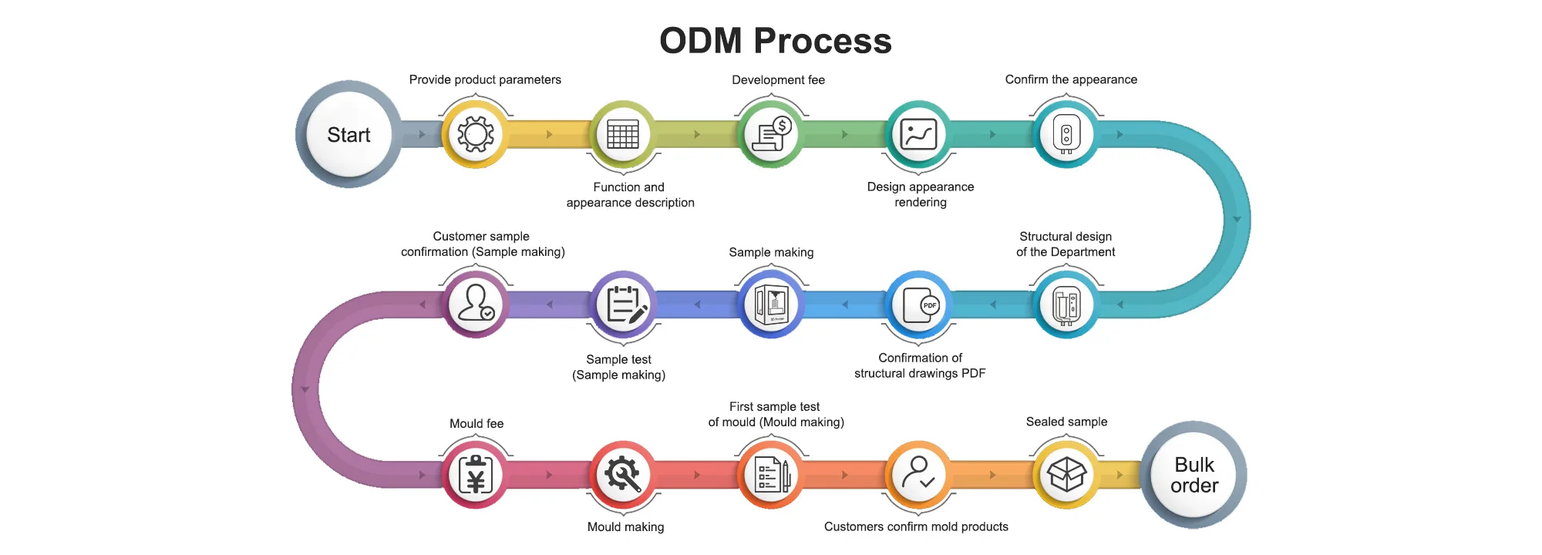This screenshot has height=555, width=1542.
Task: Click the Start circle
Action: [348, 135]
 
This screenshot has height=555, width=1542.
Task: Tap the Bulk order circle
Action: [1194, 475]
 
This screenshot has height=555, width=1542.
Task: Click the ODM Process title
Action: [775, 41]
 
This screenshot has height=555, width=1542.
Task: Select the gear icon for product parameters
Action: [476, 134]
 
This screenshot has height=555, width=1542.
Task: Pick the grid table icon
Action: [623, 134]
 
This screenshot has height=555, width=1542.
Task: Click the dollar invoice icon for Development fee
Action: [771, 134]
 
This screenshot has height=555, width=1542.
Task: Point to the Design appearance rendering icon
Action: [919, 134]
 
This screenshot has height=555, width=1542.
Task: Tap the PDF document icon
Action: [919, 305]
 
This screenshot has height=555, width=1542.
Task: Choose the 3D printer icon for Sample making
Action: [771, 305]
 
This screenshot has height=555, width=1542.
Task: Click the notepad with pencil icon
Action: [624, 305]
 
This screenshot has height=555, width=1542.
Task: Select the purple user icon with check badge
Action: [476, 304]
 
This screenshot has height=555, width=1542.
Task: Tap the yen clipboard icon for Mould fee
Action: [476, 475]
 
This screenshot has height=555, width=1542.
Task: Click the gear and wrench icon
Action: [623, 475]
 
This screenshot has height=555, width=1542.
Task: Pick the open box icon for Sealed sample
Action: [1066, 475]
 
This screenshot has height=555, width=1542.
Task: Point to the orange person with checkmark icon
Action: [919, 475]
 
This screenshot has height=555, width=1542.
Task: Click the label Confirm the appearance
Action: [1071, 79]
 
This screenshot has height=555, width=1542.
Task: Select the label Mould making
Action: [625, 527]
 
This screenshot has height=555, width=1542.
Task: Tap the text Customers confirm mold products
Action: [916, 527]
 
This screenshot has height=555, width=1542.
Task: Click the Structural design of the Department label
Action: [1066, 244]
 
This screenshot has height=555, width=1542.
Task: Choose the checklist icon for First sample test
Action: [771, 475]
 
